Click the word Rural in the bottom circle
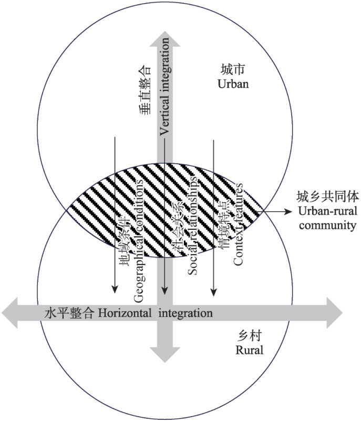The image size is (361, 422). (249, 350)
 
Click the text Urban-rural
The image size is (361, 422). (319, 212)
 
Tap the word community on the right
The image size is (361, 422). (319, 225)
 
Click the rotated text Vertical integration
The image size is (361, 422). (164, 102)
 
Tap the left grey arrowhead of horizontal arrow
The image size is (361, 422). (11, 313)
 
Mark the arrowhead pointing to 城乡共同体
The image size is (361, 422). (286, 212)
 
